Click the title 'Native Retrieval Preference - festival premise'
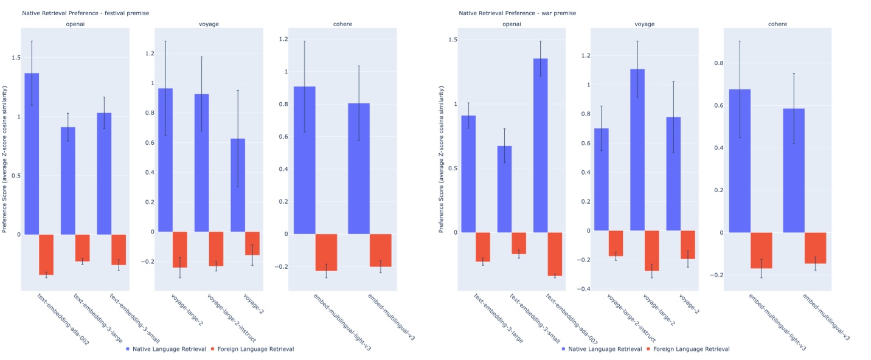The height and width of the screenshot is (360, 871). [86, 13]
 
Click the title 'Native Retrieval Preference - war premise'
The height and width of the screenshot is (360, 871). [517, 13]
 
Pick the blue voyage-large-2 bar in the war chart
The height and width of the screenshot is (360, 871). [637, 150]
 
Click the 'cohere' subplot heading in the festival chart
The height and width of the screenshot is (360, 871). [344, 24]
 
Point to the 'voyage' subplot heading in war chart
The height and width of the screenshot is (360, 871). [644, 24]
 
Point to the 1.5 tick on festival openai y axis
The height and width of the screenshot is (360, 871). [14, 58]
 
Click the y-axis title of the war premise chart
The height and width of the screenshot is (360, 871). [442, 159]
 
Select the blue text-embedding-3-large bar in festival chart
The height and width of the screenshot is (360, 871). [68, 181]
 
